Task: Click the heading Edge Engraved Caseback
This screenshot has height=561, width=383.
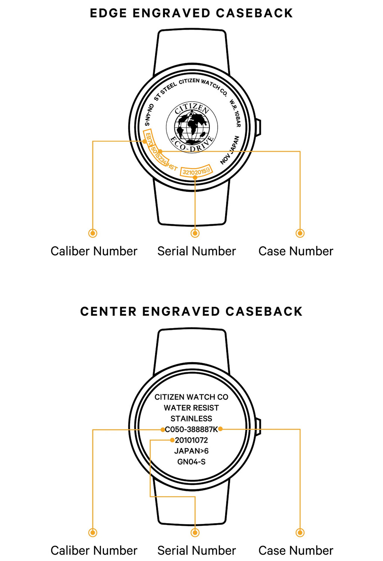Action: pos(191,13)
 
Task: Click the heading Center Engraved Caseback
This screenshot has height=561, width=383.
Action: pos(191,312)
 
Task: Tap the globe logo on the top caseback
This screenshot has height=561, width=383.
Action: pos(192,127)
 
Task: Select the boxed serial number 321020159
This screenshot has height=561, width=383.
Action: pos(196,171)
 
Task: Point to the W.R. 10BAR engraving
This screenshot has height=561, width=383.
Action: pos(235,113)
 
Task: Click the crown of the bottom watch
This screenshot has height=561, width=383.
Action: pos(258,426)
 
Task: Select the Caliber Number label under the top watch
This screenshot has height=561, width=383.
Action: pos(94,251)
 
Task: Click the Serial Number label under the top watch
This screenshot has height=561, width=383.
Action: pos(196,251)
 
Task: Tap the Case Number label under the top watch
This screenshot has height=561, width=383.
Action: pos(296,251)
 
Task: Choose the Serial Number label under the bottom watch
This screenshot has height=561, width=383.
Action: pos(196,551)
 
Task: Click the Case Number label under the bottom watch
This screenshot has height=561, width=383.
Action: pos(296,551)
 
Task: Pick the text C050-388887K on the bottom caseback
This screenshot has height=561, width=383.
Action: pos(191,429)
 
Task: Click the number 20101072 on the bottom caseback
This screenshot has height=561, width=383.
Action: pos(191,440)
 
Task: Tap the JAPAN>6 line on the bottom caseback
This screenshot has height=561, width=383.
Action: pos(191,451)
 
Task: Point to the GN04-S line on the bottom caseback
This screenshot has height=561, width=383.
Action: pos(191,462)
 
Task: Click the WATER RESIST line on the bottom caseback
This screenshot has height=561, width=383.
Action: pos(191,408)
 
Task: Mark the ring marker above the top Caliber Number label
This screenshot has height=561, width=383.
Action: pos(93,233)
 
